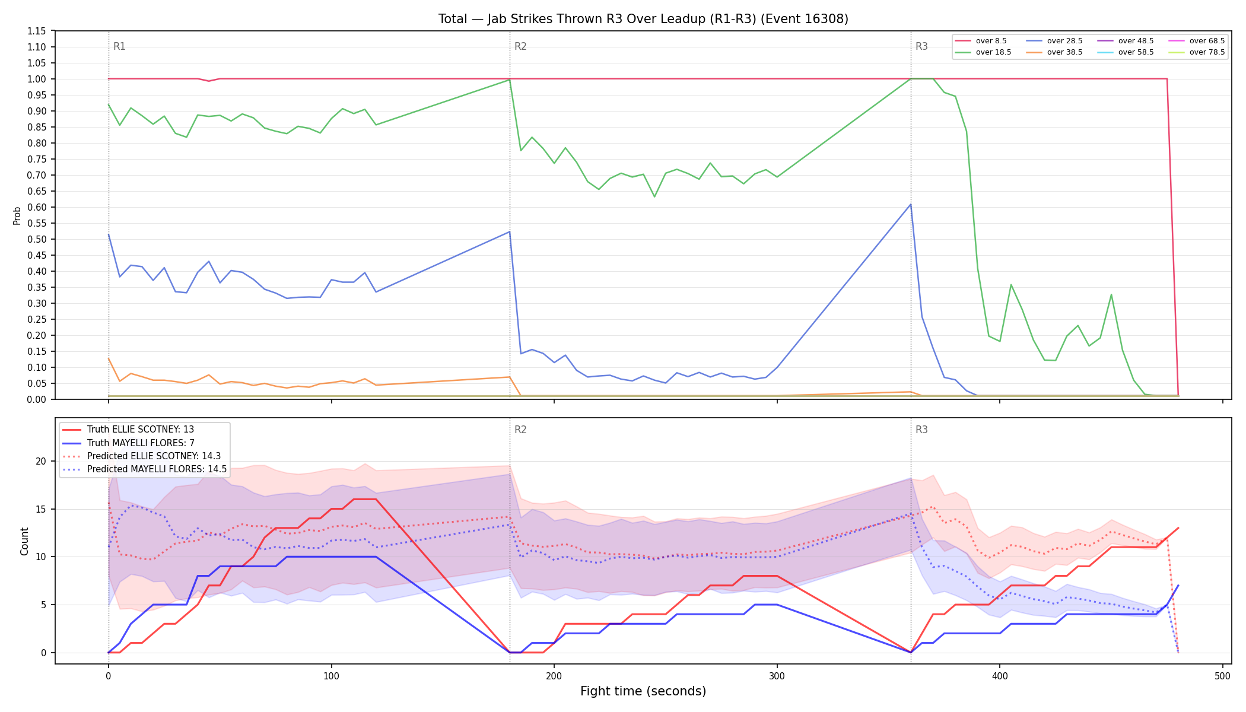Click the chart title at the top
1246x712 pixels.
643,19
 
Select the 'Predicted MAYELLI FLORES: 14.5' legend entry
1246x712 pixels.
145,469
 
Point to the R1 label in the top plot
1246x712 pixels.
119,46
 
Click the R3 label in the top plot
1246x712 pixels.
921,46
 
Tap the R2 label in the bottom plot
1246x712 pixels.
520,430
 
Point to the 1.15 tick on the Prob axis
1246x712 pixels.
37,31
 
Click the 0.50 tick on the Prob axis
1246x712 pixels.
37,239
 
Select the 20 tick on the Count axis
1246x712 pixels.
41,461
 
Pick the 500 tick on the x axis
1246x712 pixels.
1222,676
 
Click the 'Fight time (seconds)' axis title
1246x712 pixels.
643,691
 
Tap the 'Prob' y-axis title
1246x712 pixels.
17,215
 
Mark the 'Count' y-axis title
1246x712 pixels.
24,541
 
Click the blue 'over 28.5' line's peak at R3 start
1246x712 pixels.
911,204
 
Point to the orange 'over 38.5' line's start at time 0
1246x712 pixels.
109,358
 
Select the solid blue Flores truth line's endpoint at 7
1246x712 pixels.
1178,586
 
